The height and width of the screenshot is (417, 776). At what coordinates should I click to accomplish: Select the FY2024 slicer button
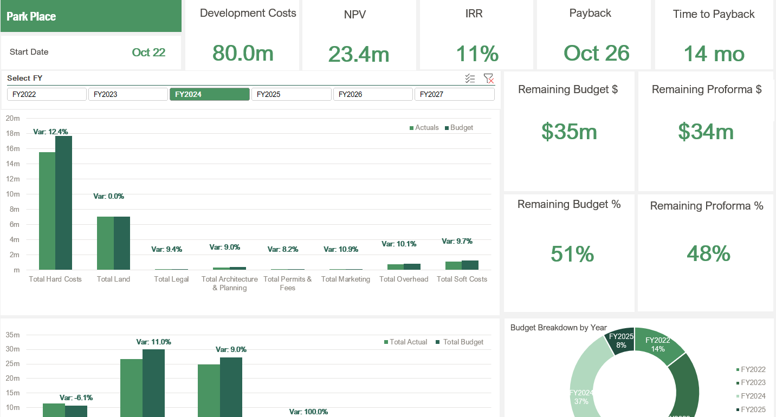[x=209, y=94]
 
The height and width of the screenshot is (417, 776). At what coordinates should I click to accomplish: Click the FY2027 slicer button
[x=454, y=94]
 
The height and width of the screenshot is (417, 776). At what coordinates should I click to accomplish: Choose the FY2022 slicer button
[x=47, y=94]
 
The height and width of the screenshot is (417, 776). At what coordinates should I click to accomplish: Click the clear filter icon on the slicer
[x=488, y=79]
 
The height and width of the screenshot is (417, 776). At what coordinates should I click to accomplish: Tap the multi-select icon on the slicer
[x=470, y=79]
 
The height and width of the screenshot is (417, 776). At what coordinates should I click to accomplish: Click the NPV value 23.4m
[x=359, y=54]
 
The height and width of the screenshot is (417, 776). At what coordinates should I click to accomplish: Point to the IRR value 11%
[x=477, y=54]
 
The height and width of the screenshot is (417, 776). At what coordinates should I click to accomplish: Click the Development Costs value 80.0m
[x=243, y=53]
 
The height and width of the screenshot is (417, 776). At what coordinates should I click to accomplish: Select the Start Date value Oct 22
[x=148, y=52]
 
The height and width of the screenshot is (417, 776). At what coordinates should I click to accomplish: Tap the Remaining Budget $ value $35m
[x=569, y=132]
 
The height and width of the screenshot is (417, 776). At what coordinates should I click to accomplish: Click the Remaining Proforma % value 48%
[x=708, y=253]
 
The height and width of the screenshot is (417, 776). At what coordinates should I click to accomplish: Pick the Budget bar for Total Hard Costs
[x=63, y=203]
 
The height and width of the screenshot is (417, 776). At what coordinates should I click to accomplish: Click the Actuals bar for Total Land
[x=105, y=243]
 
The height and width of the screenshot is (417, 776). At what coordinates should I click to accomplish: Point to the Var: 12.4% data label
[x=50, y=132]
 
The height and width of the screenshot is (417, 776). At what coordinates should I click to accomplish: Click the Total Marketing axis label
[x=345, y=279]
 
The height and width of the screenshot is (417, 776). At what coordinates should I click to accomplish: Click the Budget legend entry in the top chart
[x=458, y=128]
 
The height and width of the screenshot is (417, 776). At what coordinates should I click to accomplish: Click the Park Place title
[x=31, y=16]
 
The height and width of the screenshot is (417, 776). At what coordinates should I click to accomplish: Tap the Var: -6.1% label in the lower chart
[x=76, y=398]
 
